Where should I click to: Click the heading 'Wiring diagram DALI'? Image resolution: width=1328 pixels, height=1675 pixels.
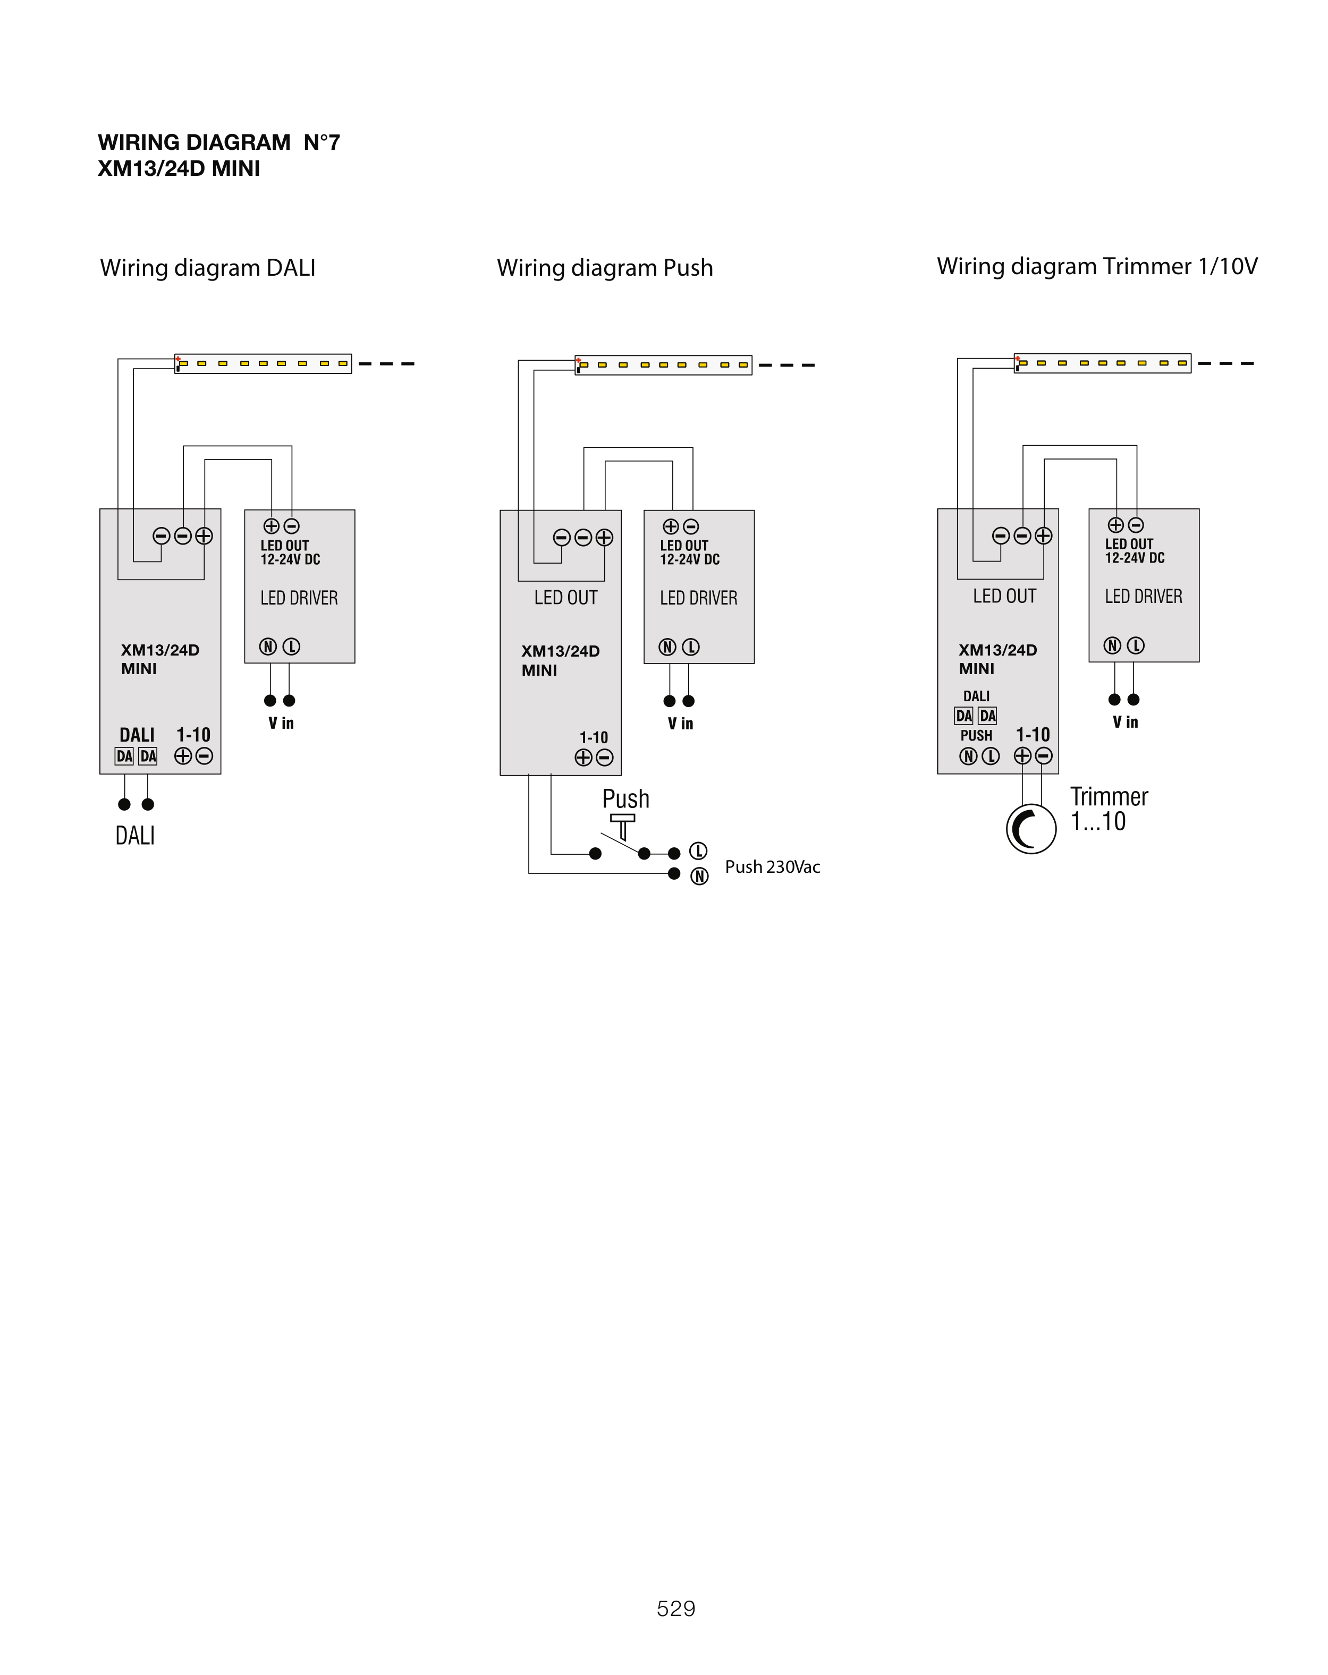207,268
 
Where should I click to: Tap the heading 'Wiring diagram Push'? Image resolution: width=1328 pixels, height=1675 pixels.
605,268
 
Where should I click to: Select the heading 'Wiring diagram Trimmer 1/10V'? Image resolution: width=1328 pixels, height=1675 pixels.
1096,267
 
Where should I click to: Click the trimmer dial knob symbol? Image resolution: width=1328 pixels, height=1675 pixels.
1030,829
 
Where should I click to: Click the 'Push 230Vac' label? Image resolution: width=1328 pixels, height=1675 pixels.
772,867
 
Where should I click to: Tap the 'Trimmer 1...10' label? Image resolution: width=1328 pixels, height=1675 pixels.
1107,809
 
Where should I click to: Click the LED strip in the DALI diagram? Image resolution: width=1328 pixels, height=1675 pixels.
263,363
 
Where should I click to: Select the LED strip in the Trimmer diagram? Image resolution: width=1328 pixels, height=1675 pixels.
1102,363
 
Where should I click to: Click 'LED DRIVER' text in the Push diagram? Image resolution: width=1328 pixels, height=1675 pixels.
698,598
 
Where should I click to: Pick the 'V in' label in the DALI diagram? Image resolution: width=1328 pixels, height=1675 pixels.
281,724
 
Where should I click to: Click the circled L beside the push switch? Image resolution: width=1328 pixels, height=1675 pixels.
698,852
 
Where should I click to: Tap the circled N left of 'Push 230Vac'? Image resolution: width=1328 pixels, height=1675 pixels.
699,877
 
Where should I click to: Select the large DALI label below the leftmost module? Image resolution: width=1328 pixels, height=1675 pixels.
135,836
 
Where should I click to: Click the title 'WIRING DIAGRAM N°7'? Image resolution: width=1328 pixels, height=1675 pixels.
218,143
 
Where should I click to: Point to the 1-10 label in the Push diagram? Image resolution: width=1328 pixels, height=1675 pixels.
593,737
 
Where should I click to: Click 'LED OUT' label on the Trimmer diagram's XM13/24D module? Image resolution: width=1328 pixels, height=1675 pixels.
1004,597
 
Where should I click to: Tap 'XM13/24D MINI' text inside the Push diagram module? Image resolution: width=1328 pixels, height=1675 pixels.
560,660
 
